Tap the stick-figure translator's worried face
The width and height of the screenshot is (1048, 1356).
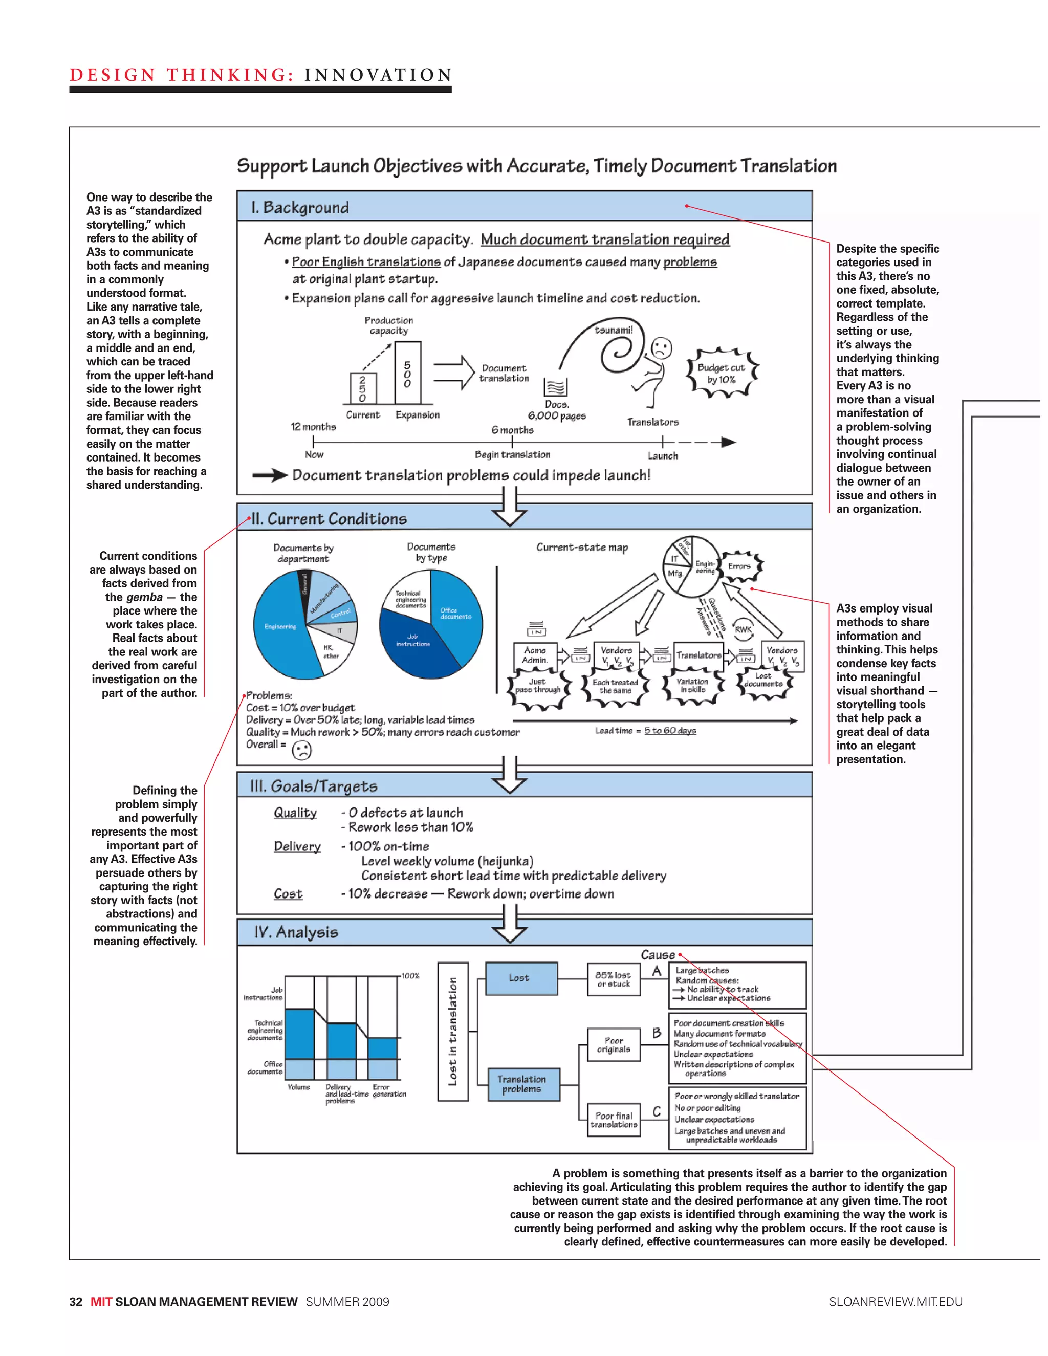point(662,347)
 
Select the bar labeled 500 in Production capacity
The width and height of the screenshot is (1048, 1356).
point(407,373)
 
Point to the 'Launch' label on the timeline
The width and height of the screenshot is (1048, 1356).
point(663,456)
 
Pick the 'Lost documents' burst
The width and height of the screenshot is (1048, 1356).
point(763,681)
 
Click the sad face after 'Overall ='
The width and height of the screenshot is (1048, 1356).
point(302,751)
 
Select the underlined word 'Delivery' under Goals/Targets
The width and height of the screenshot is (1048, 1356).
point(297,847)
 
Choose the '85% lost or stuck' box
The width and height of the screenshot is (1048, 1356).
point(614,979)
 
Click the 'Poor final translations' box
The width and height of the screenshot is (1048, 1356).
point(614,1120)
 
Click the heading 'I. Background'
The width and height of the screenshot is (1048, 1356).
point(300,207)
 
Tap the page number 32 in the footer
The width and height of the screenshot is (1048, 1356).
point(76,1302)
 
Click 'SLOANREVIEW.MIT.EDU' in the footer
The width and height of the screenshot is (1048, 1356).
point(896,1302)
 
